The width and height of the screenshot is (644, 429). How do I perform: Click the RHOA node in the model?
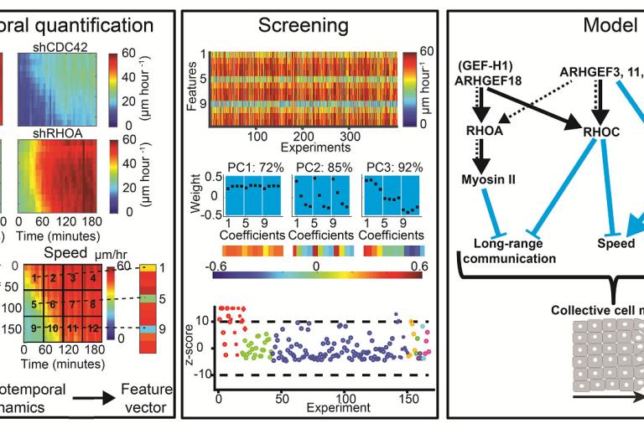click(x=484, y=130)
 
